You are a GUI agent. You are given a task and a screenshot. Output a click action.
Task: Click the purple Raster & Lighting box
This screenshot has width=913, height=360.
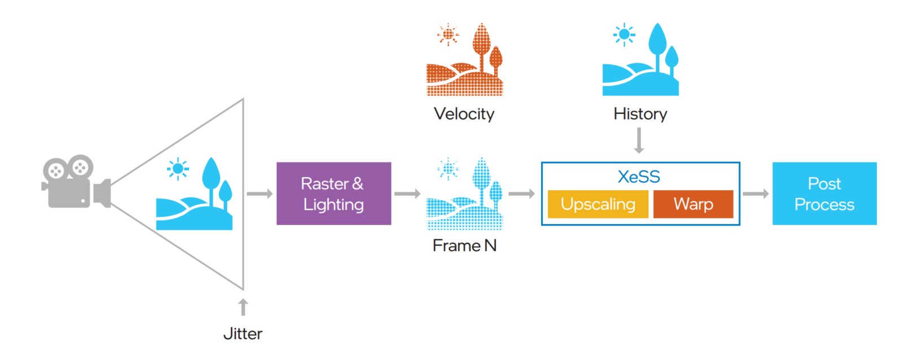pos(333,194)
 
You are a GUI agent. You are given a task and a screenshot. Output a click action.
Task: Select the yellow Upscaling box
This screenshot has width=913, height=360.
pos(598,204)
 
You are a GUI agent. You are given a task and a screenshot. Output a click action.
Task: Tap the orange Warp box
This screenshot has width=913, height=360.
pos(693,204)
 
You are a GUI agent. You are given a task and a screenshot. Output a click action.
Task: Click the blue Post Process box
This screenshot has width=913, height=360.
pos(824,194)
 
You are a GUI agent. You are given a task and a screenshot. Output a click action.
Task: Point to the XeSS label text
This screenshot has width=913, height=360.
pos(639,177)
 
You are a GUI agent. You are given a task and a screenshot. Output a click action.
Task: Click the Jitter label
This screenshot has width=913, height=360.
pos(243,333)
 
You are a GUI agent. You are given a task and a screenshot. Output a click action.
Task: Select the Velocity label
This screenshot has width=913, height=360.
pos(464,114)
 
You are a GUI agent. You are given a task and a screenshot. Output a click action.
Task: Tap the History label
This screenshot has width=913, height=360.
pos(640,114)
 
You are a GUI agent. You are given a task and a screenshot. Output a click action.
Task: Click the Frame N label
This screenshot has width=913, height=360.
pos(464,245)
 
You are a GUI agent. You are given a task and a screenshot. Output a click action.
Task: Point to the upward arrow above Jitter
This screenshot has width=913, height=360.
pos(243,307)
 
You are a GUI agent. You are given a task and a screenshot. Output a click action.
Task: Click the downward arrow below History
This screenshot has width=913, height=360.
pos(639,141)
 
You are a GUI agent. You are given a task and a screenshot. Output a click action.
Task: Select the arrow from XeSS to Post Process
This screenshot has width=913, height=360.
pos(756,194)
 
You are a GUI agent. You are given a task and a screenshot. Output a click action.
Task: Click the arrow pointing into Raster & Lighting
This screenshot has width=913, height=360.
pos(260,194)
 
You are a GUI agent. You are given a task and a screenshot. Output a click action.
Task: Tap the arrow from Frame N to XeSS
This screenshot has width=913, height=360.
pos(521,194)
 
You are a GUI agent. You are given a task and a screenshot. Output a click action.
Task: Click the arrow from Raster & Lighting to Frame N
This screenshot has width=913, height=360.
pos(407,194)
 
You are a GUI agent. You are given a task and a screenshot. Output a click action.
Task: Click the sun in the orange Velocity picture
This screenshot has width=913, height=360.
pos(448,34)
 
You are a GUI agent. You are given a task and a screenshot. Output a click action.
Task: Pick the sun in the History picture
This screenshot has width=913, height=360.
pos(624,34)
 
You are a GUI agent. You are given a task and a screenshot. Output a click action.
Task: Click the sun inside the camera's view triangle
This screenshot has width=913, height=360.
pos(178,168)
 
